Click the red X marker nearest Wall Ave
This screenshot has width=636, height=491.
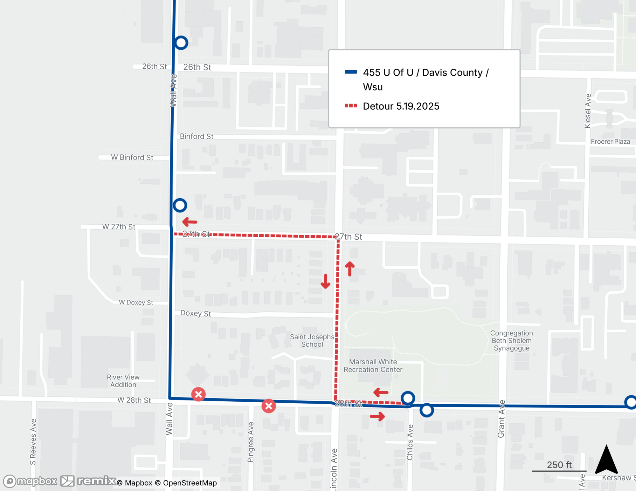198,394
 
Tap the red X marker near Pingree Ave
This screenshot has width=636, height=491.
269,406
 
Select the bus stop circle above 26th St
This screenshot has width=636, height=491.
181,43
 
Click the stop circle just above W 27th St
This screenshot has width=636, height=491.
180,205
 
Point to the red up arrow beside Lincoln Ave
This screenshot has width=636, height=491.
350,269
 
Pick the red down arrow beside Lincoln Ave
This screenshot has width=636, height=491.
325,281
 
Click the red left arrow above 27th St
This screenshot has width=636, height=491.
190,222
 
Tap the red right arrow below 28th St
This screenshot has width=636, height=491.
377,416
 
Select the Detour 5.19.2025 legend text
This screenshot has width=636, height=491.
401,106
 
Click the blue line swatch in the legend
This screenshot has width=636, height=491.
351,72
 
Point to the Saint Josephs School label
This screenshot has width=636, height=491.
312,340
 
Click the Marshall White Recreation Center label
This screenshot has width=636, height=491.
373,366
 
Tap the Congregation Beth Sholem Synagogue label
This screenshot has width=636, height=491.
511,340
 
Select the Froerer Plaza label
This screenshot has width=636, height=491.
610,142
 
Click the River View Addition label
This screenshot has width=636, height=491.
123,381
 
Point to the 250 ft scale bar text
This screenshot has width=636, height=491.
559,465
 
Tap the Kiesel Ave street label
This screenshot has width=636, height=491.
588,111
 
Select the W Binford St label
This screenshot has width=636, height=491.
132,157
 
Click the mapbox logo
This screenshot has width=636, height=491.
31,481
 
